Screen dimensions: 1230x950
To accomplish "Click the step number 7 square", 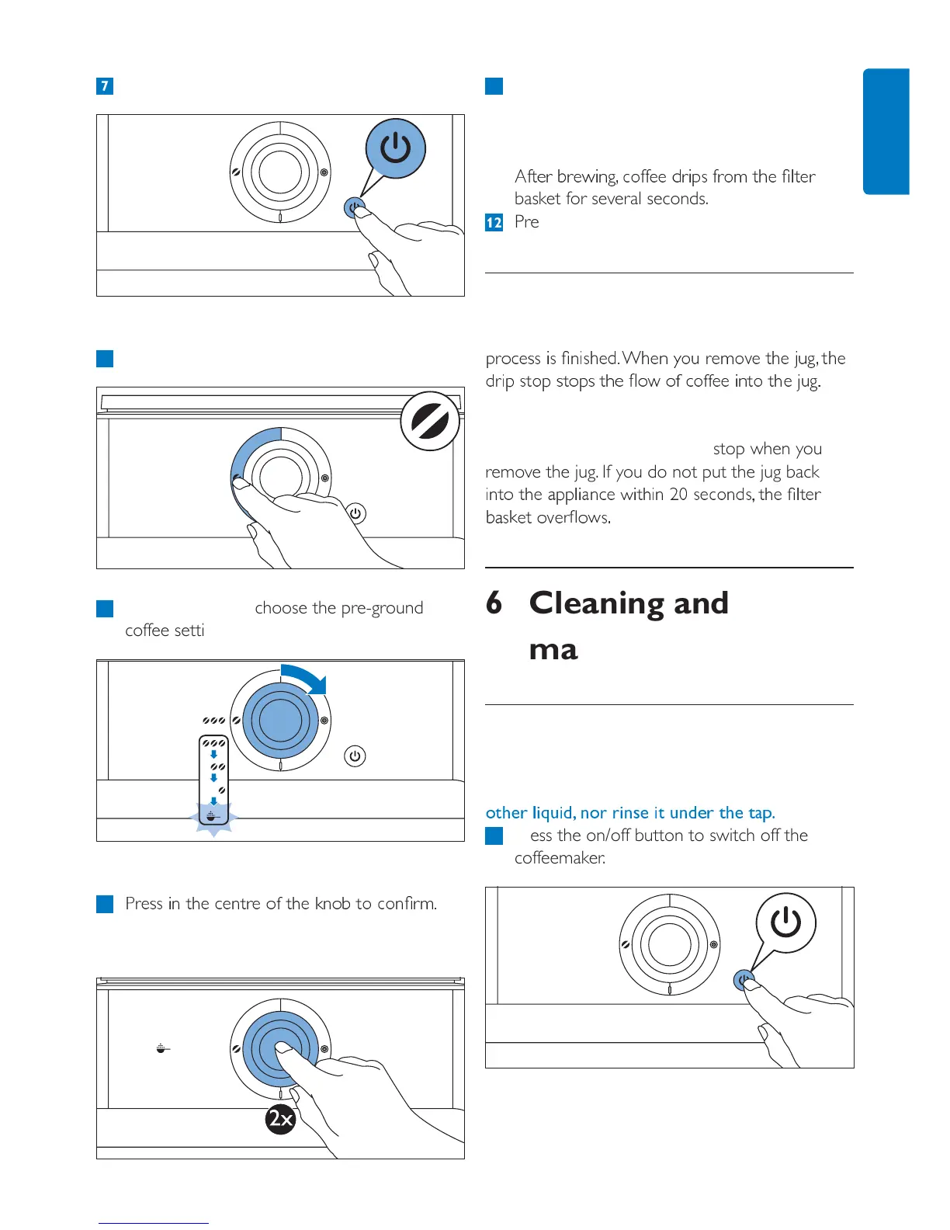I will (x=105, y=85).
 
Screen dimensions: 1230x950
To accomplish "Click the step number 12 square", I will (x=494, y=223).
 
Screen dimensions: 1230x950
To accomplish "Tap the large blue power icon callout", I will (x=396, y=148).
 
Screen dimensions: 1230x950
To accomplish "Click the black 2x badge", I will (x=280, y=1119).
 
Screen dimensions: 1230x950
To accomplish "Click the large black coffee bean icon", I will (x=429, y=422).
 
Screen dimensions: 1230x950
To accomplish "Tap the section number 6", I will (x=494, y=603).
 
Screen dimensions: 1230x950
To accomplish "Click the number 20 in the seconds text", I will (x=678, y=495).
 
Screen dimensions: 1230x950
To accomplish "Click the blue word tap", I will (x=761, y=813).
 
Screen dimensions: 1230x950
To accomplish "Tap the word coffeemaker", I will (x=560, y=858).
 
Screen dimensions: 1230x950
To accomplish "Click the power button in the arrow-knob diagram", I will (x=355, y=756).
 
